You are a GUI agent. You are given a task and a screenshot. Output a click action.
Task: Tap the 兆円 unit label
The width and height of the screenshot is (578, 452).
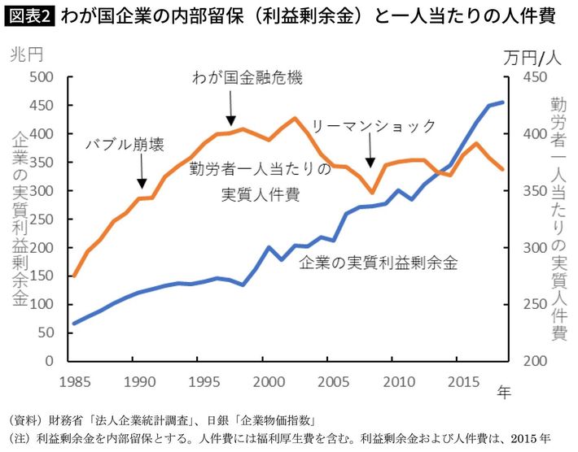click(27, 56)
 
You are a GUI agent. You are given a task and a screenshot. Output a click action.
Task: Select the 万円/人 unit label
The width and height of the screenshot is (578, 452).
click(532, 56)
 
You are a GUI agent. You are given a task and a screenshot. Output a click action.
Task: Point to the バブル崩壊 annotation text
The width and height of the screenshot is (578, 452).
click(125, 145)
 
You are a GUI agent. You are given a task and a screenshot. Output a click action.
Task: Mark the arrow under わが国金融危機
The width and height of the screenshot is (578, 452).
click(230, 106)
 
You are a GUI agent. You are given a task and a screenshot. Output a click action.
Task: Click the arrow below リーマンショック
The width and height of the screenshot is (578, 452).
click(370, 152)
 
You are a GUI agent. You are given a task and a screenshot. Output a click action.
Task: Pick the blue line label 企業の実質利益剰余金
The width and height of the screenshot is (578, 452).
click(379, 263)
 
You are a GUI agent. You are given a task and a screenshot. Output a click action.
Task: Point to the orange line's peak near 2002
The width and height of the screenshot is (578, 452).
click(294, 118)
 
